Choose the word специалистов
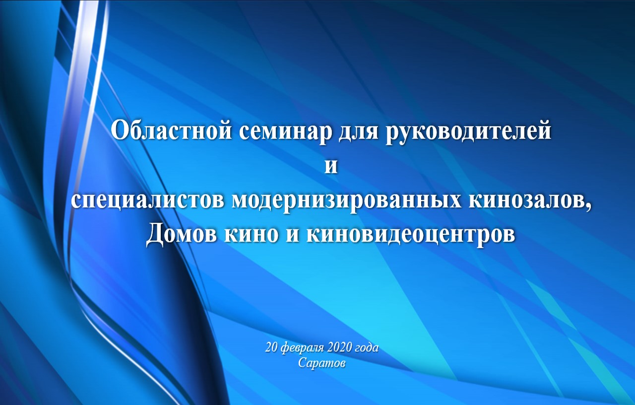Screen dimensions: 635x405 coord(148,202)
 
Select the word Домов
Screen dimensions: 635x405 coord(182,235)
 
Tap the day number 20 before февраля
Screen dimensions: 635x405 coord(271,348)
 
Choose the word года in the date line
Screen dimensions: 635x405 coord(365,348)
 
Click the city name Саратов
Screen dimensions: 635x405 coord(322,363)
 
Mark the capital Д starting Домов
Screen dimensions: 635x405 coord(155,236)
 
